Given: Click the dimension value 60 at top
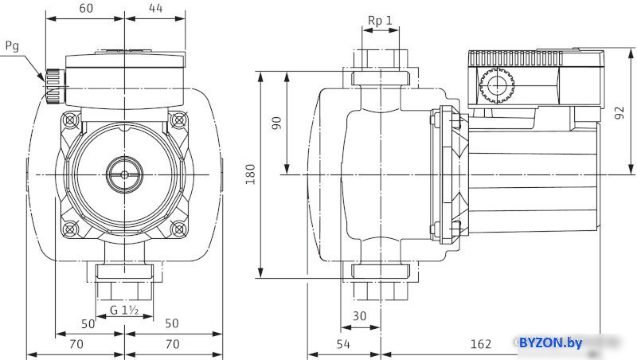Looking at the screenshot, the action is tap(86, 8).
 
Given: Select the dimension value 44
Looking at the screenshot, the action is tap(155, 8).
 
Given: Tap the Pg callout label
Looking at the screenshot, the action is tap(12, 46).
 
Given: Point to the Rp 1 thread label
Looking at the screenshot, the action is tap(381, 21).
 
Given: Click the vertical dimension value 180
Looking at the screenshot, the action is tap(250, 174).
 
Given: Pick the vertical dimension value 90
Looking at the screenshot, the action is tap(276, 123).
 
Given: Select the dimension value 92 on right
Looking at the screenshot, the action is tap(619, 112).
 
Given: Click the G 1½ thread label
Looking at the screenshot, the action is tap(124, 311).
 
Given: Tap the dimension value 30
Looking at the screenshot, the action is tap(360, 315).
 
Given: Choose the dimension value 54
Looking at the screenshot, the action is tap(343, 344).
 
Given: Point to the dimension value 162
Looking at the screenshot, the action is tap(481, 344).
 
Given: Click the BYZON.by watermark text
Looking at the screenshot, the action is tap(550, 343).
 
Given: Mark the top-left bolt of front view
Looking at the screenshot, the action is tap(70, 120).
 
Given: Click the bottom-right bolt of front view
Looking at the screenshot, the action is tap(178, 229).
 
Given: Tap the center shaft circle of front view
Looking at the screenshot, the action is tap(124, 174).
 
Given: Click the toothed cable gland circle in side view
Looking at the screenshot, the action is tap(496, 85).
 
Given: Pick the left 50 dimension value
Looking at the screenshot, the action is tap(88, 324).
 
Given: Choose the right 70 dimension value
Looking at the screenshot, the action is tap(173, 344).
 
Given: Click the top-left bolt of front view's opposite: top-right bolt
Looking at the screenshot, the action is tap(178, 120).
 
